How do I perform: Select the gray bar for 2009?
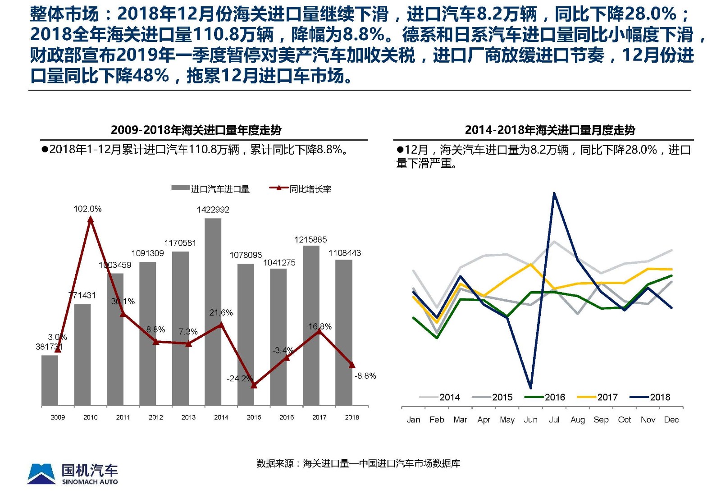50,380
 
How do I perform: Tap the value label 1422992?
213,210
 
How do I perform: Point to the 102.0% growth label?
87,209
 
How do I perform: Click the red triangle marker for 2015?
254,385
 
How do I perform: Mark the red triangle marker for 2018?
352,365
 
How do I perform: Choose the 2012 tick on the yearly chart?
155,417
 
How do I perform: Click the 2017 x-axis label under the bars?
319,417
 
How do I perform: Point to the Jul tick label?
554,420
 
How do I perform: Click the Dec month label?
671,420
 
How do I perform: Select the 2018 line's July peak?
554,193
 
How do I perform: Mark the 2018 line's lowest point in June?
530,387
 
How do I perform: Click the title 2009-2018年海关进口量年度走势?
196,130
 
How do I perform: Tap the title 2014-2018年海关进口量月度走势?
550,130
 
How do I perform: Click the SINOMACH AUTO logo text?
90,482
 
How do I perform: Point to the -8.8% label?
365,376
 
